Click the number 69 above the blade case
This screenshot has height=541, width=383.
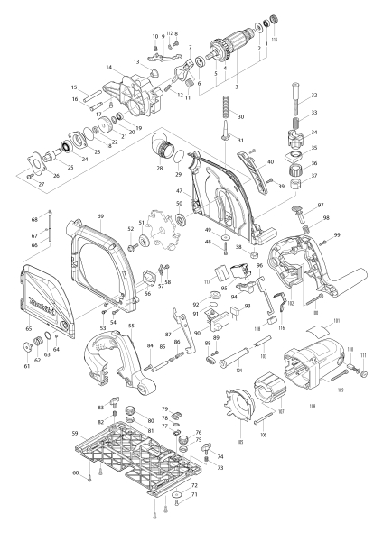pyautogui.click(x=101, y=217)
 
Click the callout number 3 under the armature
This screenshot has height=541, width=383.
pyautogui.click(x=237, y=87)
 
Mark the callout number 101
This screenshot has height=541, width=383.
pyautogui.click(x=337, y=320)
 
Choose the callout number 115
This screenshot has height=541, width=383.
pyautogui.click(x=276, y=41)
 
